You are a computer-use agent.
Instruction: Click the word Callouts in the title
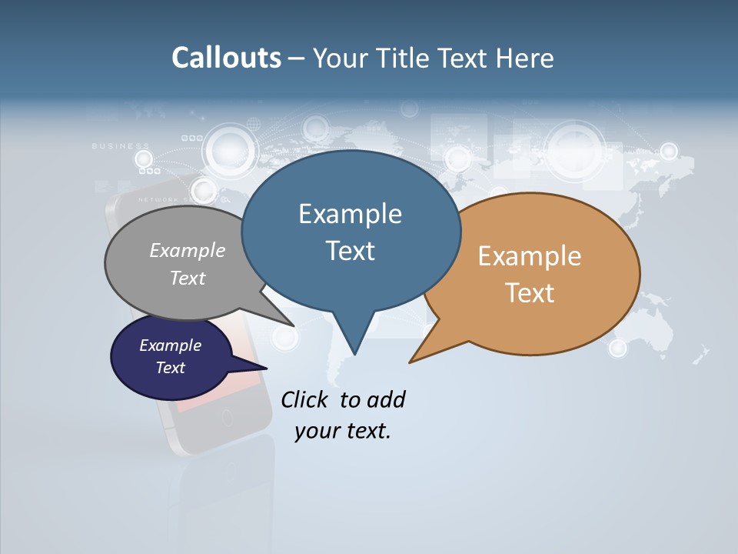click(226, 58)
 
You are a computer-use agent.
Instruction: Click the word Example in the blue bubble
click(350, 214)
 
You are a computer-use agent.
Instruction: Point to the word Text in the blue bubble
click(350, 251)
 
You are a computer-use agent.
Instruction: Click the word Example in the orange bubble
click(530, 256)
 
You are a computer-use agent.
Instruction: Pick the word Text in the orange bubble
click(530, 293)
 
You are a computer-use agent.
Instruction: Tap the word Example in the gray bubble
click(188, 250)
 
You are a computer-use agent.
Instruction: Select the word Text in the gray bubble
click(188, 278)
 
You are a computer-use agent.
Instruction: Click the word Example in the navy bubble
click(170, 345)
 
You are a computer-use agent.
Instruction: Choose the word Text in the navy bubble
click(170, 368)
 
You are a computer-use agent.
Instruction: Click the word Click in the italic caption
click(306, 399)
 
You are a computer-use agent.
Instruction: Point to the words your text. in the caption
click(343, 431)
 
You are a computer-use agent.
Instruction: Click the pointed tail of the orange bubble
click(419, 355)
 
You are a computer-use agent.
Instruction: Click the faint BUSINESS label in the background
click(121, 145)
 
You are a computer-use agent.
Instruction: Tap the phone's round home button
click(227, 419)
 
